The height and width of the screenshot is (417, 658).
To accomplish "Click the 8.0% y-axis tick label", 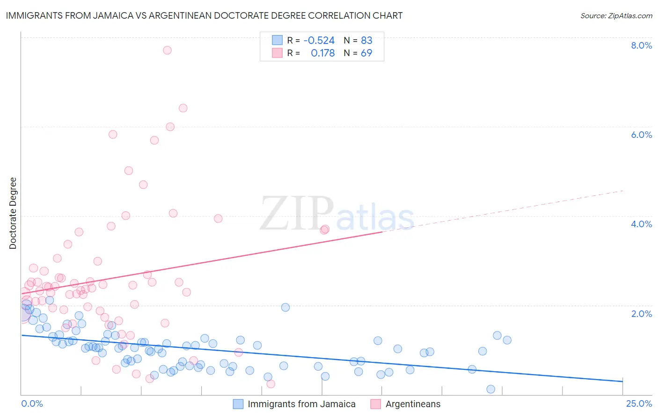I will pos(641,45).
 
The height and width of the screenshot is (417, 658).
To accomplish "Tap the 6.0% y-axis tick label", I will pos(641,135).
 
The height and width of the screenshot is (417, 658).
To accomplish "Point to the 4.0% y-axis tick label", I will pos(641,224).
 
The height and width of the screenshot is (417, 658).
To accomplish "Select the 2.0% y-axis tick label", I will pos(641,314).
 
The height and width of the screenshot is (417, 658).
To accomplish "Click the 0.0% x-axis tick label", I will pos(32,403).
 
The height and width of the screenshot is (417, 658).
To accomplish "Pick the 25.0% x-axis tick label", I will pos(639,403).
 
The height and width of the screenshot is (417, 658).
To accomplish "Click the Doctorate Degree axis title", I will pos(13,213).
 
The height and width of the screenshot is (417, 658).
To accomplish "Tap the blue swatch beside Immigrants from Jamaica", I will pos(238,404).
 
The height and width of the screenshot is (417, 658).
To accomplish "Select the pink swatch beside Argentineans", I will pos(375,404).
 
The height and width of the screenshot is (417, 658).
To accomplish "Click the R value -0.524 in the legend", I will pos(319,40).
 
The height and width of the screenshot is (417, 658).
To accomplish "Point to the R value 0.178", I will pos(322,53).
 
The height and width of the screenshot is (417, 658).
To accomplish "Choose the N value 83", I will pos(366,40).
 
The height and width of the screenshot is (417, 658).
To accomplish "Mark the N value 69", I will pos(366,53).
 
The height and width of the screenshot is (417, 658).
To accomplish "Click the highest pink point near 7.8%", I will pos(167,50).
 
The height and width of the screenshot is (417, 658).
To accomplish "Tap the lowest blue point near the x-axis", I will pos(490,389).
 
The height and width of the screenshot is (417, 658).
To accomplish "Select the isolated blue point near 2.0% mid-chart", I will pos(285,307).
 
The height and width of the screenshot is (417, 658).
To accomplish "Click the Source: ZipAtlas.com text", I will pos(616,16).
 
